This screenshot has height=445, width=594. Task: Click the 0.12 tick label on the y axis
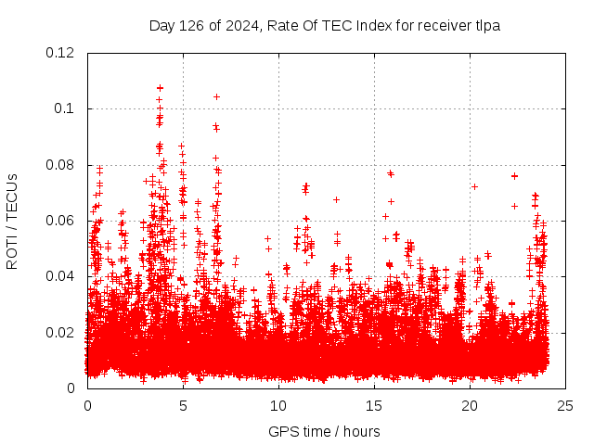pyautogui.click(x=60, y=53)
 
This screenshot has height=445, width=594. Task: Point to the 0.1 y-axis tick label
pyautogui.click(x=65, y=108)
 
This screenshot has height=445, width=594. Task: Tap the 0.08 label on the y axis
pyautogui.click(x=60, y=165)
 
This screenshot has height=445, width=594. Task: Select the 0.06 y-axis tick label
pyautogui.click(x=60, y=221)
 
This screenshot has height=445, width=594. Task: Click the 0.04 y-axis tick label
pyautogui.click(x=60, y=276)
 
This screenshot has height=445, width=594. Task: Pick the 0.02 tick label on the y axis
pyautogui.click(x=60, y=333)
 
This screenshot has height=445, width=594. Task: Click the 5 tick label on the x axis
pyautogui.click(x=183, y=405)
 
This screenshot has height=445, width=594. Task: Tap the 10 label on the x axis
pyautogui.click(x=278, y=405)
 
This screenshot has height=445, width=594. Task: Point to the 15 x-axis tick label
pyautogui.click(x=374, y=405)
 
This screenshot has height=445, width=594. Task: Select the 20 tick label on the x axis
pyautogui.click(x=470, y=405)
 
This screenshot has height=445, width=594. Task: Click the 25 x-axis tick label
pyautogui.click(x=565, y=405)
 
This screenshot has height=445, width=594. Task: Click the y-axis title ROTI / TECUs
pyautogui.click(x=13, y=221)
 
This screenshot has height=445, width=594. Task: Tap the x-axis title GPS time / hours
pyautogui.click(x=324, y=431)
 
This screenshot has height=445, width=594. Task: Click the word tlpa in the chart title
pyautogui.click(x=486, y=26)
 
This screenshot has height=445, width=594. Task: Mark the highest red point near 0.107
pyautogui.click(x=160, y=88)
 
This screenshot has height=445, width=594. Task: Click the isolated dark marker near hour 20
pyautogui.click(x=474, y=186)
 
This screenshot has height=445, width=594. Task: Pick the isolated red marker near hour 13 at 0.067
pyautogui.click(x=336, y=199)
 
